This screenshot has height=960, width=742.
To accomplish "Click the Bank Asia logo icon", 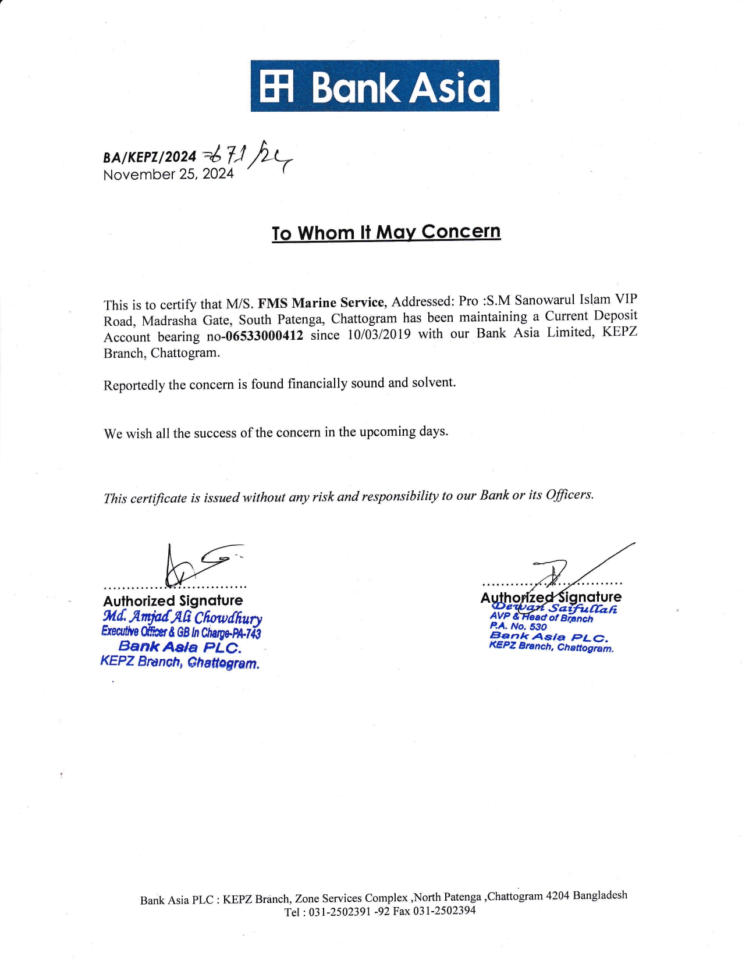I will (276, 87).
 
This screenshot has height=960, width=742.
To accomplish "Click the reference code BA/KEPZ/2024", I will (150, 157).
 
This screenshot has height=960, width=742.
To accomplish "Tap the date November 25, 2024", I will (168, 174).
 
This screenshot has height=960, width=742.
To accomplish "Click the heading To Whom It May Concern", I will (386, 232).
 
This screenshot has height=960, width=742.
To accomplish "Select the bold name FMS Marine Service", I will (321, 303).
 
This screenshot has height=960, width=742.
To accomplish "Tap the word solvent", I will (434, 382).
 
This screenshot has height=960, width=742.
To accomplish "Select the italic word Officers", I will (570, 495).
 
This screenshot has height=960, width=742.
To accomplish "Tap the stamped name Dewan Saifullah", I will (555, 609).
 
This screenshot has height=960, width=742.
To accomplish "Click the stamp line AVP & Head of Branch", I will (541, 618).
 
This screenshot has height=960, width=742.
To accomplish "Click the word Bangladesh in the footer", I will (600, 895).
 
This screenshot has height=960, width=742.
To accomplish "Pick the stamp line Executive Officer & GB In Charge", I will (181, 632).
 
